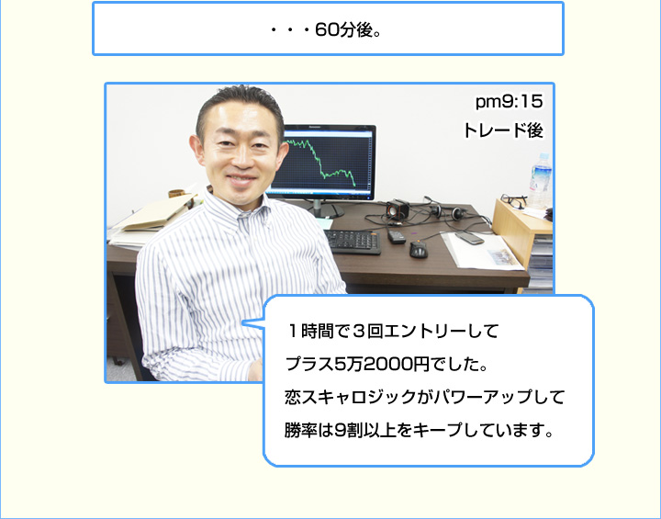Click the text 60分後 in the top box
point(343,30)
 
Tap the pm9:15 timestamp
point(509,102)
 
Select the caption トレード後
point(503,130)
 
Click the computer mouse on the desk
point(419,249)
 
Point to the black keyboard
point(353,242)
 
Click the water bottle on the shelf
point(540,181)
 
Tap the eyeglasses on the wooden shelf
point(513,201)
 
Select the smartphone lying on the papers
point(469,238)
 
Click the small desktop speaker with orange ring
point(398,209)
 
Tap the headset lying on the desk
point(447,210)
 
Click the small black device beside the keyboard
point(396,236)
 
